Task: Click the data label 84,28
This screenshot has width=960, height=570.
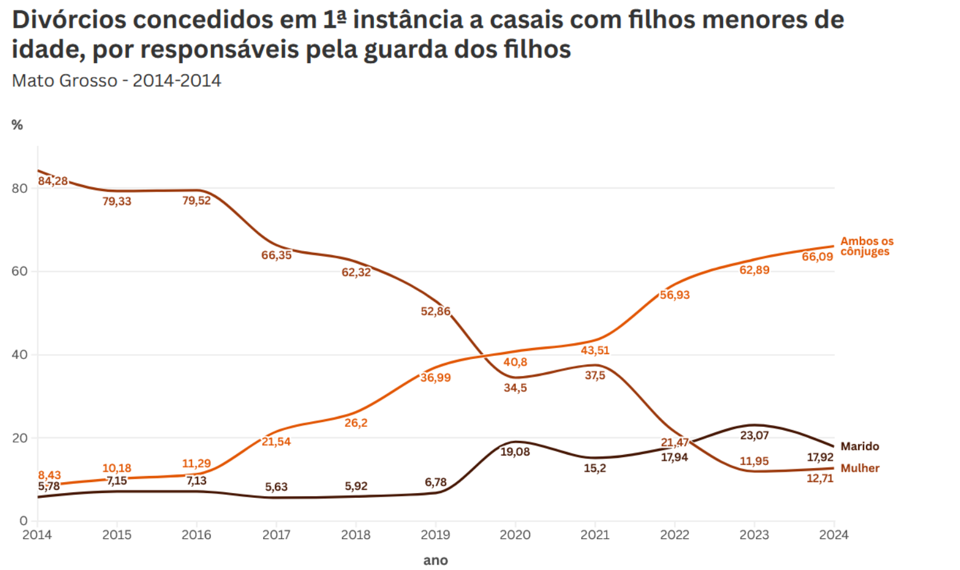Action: click(53, 181)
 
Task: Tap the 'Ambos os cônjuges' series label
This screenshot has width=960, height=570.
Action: click(866, 246)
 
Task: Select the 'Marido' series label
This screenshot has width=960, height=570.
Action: click(859, 446)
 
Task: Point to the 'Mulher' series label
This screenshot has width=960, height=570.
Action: click(859, 468)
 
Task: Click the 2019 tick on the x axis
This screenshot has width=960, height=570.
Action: click(435, 535)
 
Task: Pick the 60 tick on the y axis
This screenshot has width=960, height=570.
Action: click(19, 271)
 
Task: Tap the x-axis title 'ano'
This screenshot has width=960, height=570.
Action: click(435, 560)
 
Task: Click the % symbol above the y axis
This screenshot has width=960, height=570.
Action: click(17, 125)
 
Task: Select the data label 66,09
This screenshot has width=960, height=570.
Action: click(817, 256)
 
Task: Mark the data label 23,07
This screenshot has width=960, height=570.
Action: click(754, 435)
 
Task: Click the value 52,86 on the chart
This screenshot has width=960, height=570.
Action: click(435, 311)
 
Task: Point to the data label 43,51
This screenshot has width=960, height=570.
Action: click(595, 350)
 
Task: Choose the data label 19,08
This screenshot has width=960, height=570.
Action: click(515, 452)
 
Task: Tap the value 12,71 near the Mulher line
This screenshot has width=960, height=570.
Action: click(819, 478)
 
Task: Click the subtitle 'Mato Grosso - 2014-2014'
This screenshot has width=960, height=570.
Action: click(116, 81)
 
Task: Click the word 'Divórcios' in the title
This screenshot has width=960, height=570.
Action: click(68, 20)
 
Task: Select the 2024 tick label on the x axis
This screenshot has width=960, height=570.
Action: click(833, 535)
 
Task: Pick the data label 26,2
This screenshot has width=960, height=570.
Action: click(356, 423)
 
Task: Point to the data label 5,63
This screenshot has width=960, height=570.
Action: click(276, 487)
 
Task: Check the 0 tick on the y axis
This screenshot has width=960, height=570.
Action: click(24, 520)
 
